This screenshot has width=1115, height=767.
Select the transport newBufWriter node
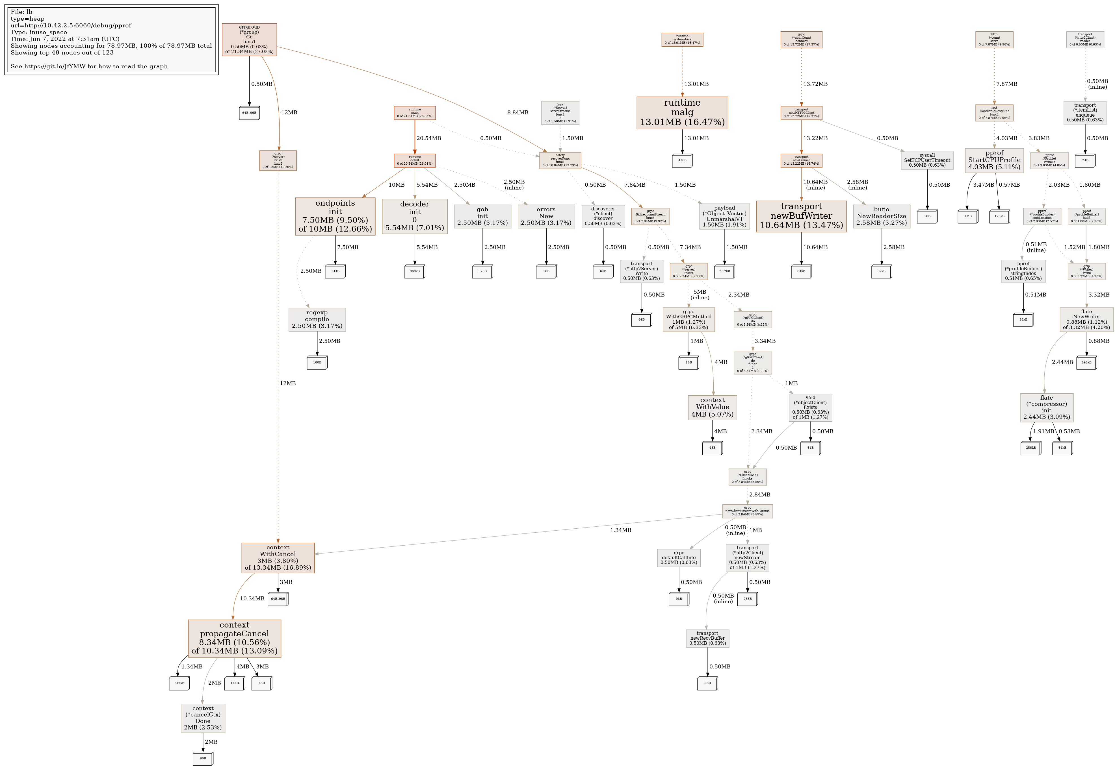801,216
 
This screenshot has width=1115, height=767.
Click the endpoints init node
335,216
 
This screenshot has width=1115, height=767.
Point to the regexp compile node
317,320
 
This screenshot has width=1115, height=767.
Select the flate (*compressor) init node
1046,408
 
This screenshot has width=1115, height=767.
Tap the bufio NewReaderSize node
881,216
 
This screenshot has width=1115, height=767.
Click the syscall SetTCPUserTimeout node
927,160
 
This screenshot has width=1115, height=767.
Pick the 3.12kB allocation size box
724,271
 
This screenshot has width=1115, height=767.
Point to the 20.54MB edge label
428,138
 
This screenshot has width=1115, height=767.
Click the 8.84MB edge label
518,112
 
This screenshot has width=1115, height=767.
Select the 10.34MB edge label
252,599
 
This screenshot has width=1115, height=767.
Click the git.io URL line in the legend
89,66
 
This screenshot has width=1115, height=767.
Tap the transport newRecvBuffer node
707,638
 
